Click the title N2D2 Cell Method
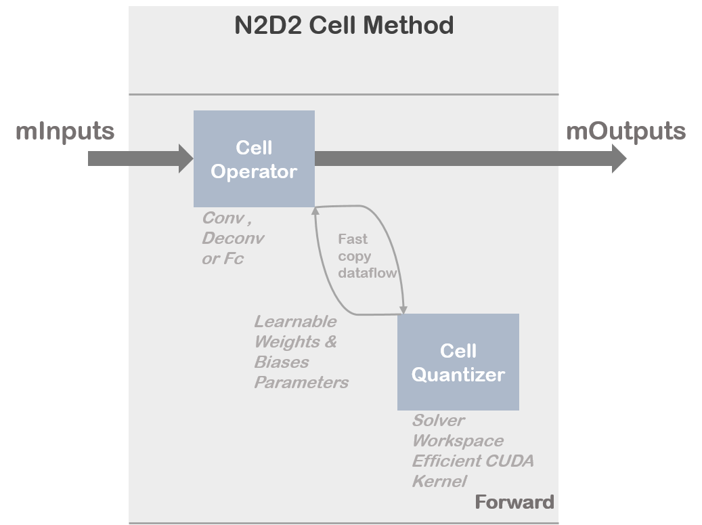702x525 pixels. point(343,26)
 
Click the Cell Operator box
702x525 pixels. point(254,159)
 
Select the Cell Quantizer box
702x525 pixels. point(458,362)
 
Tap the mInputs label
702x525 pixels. point(65,131)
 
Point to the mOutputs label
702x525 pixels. point(626,131)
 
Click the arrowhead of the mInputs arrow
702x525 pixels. point(185,159)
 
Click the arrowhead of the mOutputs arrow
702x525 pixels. point(619,159)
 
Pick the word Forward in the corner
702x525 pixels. point(514,502)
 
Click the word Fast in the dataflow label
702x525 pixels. point(353,239)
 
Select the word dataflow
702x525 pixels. point(367,273)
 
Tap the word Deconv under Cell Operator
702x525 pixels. point(233,238)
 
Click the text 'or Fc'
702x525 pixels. point(222,259)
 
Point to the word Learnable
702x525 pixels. point(294,321)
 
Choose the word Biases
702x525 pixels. point(281,362)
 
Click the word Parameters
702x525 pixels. point(301,382)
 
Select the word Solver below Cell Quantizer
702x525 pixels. point(438,421)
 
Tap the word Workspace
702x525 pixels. point(458,441)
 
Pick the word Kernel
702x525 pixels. point(439,482)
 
